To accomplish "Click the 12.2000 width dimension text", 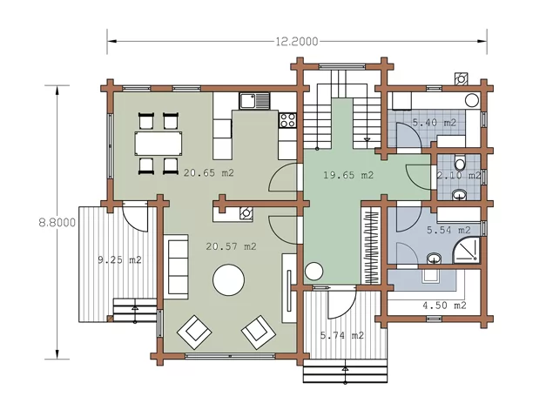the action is [297, 42].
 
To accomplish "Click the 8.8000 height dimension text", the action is [57, 223].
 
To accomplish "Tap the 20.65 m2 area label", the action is [209, 172].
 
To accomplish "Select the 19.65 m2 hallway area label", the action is [348, 175].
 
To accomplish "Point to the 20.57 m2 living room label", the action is [231, 246].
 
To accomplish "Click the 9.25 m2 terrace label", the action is [119, 259].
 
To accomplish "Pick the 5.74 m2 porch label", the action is [342, 335].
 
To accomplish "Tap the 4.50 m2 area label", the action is [444, 306].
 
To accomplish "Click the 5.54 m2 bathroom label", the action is [448, 230].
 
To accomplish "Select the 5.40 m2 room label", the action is [435, 123].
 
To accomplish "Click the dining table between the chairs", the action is [158, 144].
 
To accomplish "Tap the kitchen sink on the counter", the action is [254, 101].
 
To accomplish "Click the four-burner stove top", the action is [287, 120].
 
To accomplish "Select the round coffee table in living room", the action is [229, 280].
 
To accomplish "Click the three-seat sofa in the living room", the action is [176, 266].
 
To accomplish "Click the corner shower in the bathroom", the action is [466, 250].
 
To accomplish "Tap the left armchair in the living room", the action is [194, 332].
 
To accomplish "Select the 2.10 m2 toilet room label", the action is [458, 175].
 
